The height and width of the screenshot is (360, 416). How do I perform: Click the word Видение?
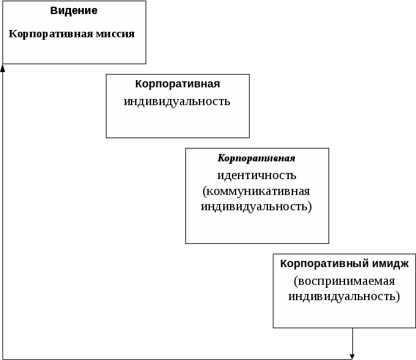coord(74,11)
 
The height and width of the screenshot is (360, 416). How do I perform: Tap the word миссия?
coord(115,34)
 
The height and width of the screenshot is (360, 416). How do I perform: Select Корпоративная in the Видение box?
coord(51,34)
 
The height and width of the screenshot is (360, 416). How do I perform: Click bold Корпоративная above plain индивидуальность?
coord(177,84)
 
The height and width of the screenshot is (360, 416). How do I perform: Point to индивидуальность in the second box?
coord(177,101)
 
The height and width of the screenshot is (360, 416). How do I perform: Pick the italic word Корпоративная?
coord(256,158)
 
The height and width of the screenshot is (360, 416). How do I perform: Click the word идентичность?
coord(256,175)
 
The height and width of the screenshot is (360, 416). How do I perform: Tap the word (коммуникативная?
coord(256,191)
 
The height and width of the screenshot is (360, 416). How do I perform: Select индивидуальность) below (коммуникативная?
coord(256,206)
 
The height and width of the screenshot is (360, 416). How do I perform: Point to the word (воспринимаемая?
coord(344,281)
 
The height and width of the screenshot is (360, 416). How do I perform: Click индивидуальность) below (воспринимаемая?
coord(344,296)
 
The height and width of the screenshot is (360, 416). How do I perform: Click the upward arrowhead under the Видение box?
coord(3,68)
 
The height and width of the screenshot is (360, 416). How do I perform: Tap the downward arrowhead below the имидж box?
coord(352,356)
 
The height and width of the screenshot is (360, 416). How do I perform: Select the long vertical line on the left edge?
coord(3,214)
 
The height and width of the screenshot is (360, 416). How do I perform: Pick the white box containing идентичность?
coord(256,229)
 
